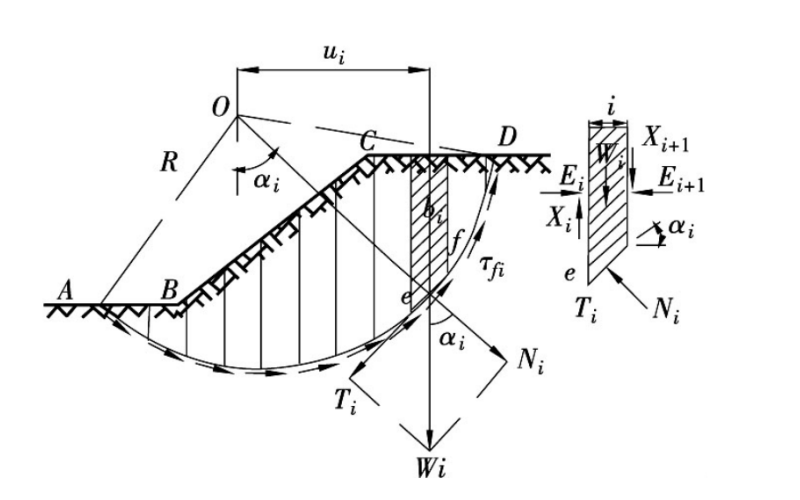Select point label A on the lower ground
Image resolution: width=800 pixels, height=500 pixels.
pos(66,288)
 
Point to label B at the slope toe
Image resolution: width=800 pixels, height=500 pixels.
pos(170,290)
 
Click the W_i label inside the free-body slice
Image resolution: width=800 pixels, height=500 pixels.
pos(608,155)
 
